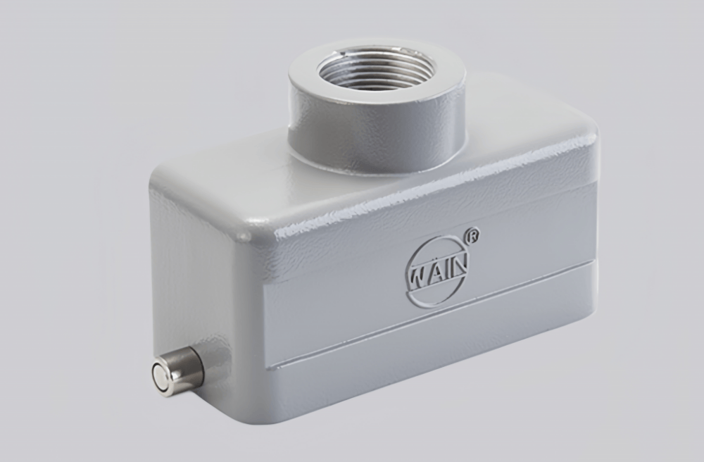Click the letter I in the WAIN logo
point(446,268)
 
